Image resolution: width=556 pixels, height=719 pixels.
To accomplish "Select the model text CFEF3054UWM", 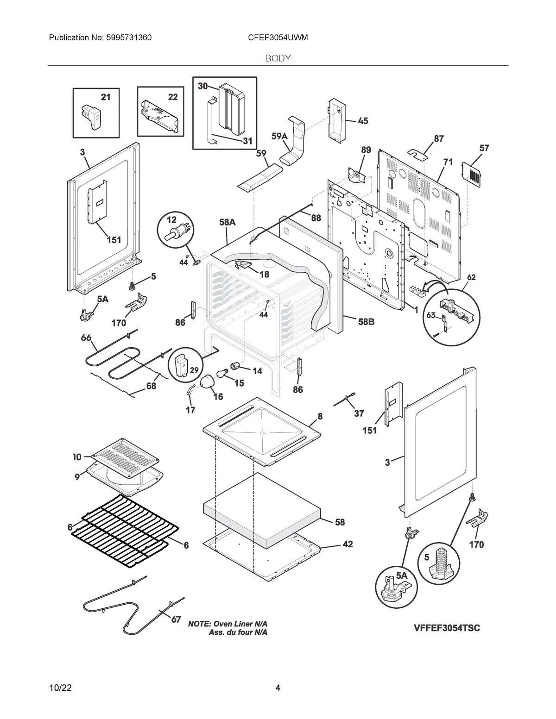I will point(278,37).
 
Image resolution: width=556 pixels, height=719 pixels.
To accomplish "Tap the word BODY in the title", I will point(278,58).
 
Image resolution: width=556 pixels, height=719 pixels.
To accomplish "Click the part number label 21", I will point(106,97).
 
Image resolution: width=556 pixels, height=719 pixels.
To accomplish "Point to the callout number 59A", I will point(279,136).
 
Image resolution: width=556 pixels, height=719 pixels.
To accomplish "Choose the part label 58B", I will point(366,321).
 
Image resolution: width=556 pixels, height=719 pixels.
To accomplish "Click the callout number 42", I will point(347,544).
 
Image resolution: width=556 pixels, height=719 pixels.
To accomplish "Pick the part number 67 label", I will point(176,619).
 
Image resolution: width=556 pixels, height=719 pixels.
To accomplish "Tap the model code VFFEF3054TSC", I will point(446,628).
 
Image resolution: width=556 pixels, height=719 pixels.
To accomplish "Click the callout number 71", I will point(448,162).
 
